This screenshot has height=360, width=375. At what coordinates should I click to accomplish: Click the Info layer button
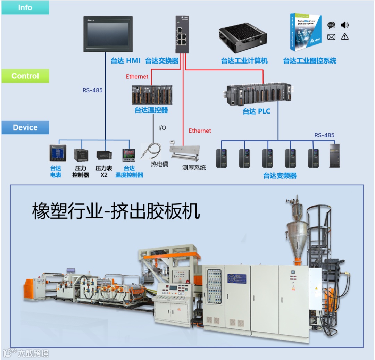click(x=25, y=8)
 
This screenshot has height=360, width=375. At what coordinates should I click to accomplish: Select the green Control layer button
click(x=25, y=76)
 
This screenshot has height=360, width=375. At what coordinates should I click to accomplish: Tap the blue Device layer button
click(x=25, y=127)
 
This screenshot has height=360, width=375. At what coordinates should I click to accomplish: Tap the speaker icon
click(x=344, y=25)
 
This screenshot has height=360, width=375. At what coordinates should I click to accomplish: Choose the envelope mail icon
click(x=331, y=37)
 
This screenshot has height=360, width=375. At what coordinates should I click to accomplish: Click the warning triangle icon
click(x=344, y=36)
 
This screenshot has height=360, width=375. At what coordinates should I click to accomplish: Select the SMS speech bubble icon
click(x=331, y=25)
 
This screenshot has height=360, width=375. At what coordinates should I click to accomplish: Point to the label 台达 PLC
click(x=256, y=111)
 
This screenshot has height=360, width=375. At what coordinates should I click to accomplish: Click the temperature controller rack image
click(x=152, y=95)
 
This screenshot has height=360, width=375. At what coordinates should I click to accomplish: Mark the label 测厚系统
click(x=194, y=168)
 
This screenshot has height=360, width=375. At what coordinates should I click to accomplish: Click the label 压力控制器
click(x=81, y=171)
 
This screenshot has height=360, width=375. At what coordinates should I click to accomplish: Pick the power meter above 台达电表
click(x=57, y=153)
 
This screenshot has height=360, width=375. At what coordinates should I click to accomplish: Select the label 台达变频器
click(x=280, y=176)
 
